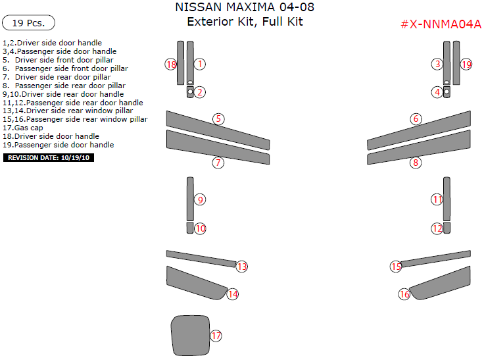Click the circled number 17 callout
[x=216, y=336]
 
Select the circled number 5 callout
[x=218, y=119]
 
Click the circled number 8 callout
[x=416, y=163]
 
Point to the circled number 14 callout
[x=232, y=294]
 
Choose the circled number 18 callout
[x=171, y=64]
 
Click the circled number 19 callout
[x=466, y=64]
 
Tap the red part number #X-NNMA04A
[x=441, y=24]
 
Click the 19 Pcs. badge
[x=28, y=23]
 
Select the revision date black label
[x=49, y=158]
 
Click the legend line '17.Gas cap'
[x=23, y=128]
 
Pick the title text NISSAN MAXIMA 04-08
[x=245, y=8]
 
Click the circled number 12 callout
[x=437, y=228]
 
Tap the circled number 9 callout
[x=201, y=199]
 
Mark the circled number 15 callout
[x=396, y=267]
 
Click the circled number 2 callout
[x=200, y=92]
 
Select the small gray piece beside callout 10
[x=189, y=228]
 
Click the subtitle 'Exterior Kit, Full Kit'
[x=245, y=22]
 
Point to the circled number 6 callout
[x=416, y=119]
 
